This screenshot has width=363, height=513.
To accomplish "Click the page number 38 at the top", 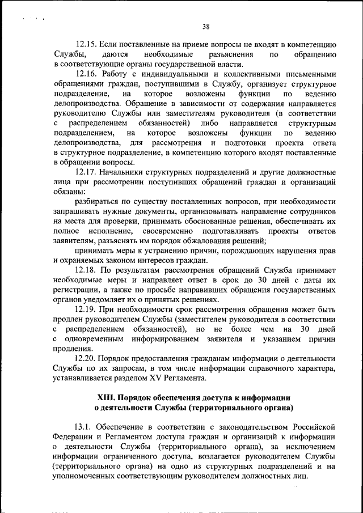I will click(206, 26).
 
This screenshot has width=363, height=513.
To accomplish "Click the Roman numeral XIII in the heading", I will click(108, 397).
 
